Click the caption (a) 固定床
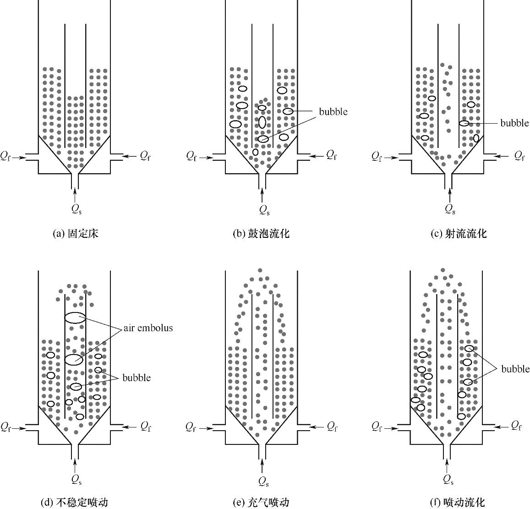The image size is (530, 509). click(76, 234)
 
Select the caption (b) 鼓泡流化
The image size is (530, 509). click(262, 234)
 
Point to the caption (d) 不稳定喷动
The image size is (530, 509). click(75, 502)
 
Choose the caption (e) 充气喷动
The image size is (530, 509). click(261, 502)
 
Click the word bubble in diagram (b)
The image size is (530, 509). click(333, 112)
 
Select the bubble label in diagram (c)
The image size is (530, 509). click(514, 123)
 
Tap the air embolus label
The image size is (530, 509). click(148, 328)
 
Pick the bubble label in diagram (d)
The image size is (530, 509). click(136, 378)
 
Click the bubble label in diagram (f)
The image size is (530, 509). click(515, 369)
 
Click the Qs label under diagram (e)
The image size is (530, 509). click(263, 481)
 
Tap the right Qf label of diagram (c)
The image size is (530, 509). click(519, 157)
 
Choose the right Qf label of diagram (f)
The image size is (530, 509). click(517, 426)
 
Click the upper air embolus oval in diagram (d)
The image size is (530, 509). click(75, 317)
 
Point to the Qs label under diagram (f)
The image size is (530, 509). click(449, 480)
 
